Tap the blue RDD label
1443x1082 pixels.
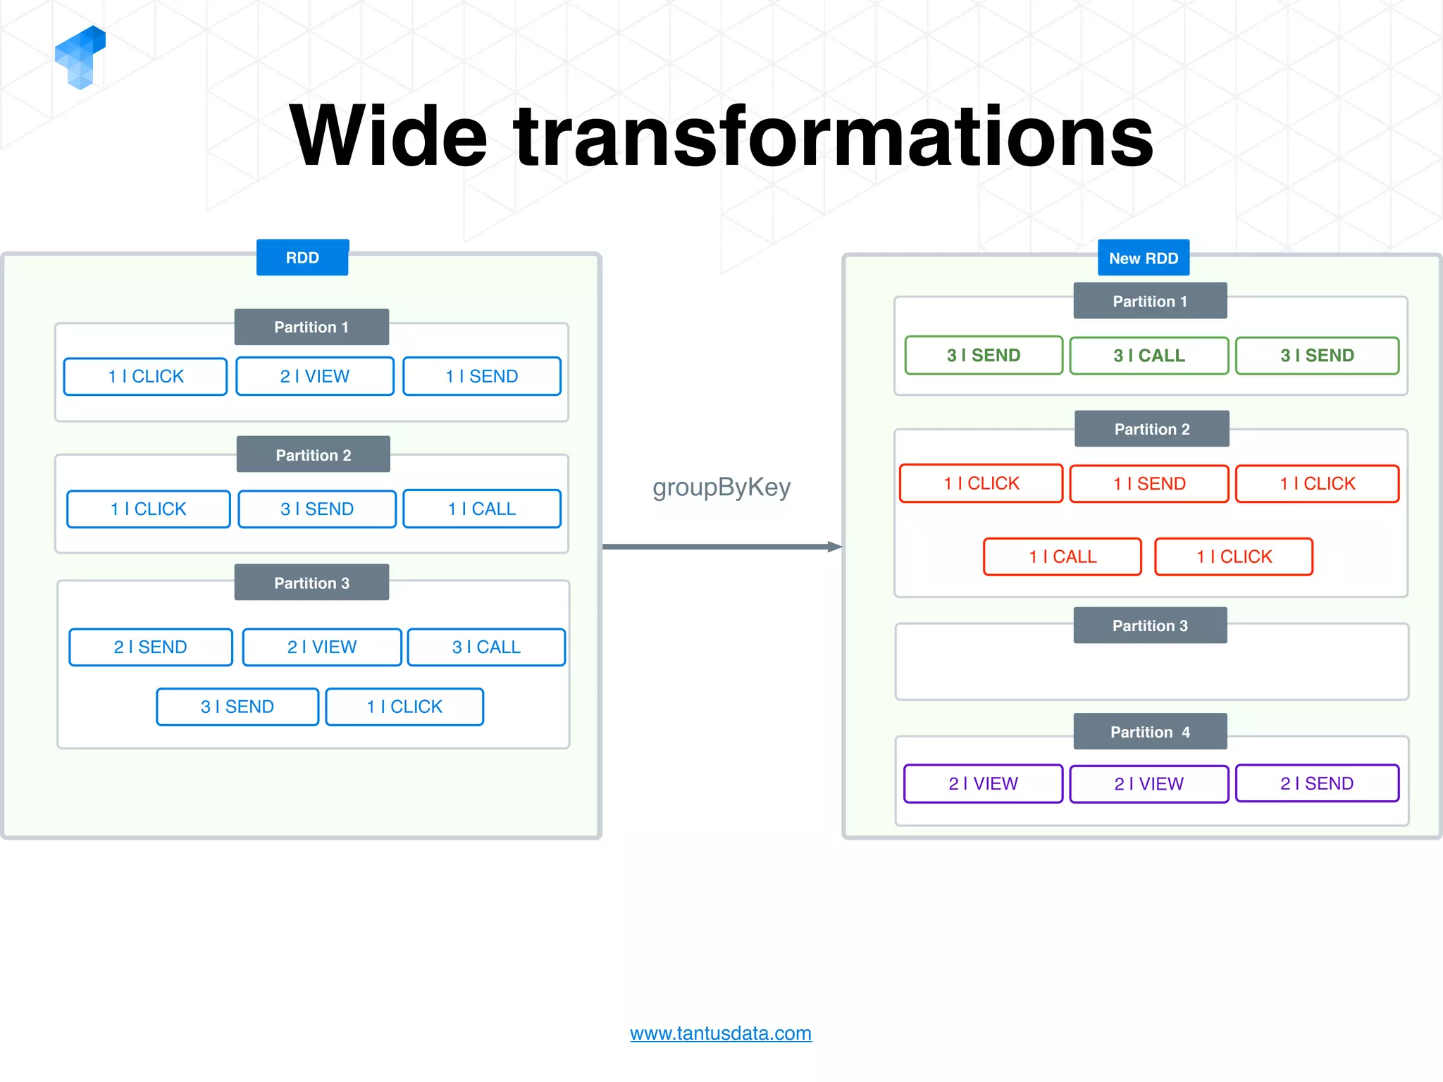(302, 258)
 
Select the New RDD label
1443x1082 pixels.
(1143, 259)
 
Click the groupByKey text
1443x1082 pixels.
(721, 487)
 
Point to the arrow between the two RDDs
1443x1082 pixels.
(721, 547)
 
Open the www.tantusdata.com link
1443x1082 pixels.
(720, 1033)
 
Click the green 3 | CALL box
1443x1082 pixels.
(1148, 356)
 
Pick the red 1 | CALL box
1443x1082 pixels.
(1062, 556)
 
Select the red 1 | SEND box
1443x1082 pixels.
(1148, 484)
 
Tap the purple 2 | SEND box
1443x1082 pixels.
(1316, 783)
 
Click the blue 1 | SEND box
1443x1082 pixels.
(481, 376)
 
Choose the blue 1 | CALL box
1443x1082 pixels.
(481, 509)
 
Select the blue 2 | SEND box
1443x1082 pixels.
(150, 647)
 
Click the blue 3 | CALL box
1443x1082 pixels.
(485, 647)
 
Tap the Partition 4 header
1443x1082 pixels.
(1150, 732)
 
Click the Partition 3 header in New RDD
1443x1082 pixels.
(1150, 626)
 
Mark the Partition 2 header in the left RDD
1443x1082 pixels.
(313, 455)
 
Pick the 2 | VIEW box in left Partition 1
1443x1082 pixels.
(314, 376)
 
